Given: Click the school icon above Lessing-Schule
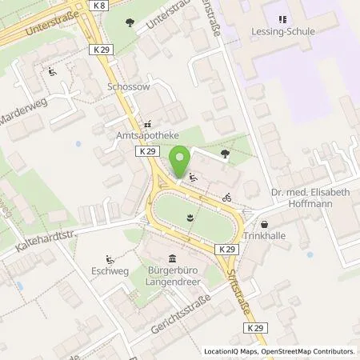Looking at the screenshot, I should click(x=281, y=19).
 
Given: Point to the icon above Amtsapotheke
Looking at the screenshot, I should click(x=146, y=126).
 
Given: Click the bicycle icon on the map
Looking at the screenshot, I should click(x=227, y=197).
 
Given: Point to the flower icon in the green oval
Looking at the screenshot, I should click(x=190, y=216).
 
